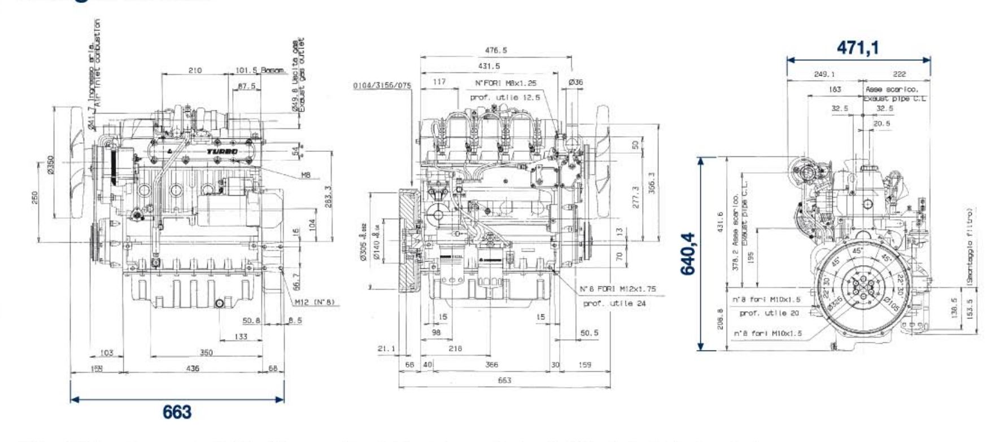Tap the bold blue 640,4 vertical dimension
pos(688,254)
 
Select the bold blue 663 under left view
pos(177,412)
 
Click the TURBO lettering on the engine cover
pos(222,152)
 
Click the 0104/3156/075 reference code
pos(382,86)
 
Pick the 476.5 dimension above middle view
pos(495,50)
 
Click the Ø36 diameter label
pos(575,82)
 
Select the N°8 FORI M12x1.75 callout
pos(618,289)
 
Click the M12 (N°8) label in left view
pos(315,302)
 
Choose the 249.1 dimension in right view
pos(824,74)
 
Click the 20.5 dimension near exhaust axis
pos(881,123)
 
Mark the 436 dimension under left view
pos(193,368)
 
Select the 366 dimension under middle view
pos(492,365)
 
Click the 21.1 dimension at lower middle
pos(386,349)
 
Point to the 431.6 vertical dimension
pos(719,225)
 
